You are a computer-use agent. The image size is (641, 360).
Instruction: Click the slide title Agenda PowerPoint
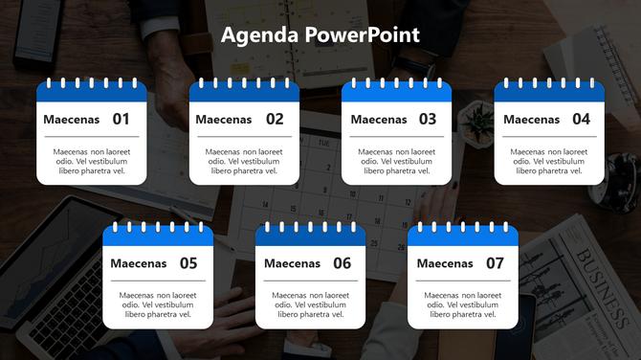tap(320, 35)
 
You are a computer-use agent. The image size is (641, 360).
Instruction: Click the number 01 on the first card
tap(122, 120)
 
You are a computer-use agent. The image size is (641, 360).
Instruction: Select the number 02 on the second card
tap(275, 120)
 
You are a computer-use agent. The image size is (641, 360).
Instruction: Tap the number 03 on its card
tap(428, 120)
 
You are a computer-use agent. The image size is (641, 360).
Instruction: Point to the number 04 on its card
tap(581, 120)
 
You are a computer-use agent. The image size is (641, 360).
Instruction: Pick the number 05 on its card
tap(188, 263)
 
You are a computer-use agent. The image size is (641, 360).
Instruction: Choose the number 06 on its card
tap(342, 263)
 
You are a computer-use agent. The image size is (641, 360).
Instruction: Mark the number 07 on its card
tap(495, 263)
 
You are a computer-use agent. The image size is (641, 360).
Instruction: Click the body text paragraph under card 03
tap(397, 161)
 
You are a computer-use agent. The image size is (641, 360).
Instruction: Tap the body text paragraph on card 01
tap(92, 161)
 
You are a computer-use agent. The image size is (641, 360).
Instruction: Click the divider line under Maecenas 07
tap(463, 281)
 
